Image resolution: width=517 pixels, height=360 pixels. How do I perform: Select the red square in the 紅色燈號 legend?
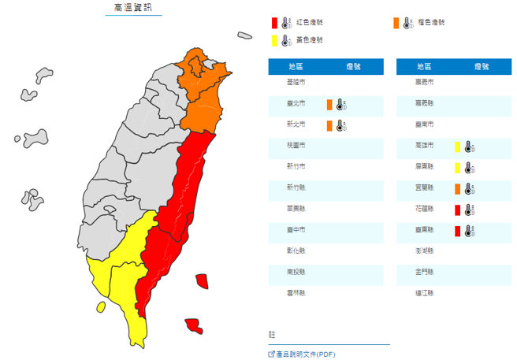tap(273, 23)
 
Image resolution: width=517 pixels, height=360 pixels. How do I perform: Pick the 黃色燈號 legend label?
tap(309, 39)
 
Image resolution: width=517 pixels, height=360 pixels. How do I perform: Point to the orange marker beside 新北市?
tap(329, 124)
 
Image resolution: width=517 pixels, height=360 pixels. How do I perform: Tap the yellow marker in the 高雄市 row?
tap(457, 146)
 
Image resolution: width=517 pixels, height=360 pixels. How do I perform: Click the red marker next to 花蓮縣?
tap(457, 210)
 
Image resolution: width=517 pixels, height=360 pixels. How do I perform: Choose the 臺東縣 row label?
tap(424, 231)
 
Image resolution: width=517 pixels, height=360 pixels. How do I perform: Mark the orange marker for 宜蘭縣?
tap(457, 188)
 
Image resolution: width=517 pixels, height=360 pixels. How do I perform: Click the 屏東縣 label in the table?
tap(424, 167)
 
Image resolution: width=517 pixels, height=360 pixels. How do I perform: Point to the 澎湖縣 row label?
tap(424, 252)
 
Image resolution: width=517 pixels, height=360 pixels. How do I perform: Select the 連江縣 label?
tap(424, 294)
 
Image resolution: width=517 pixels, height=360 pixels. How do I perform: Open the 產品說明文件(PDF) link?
tap(306, 354)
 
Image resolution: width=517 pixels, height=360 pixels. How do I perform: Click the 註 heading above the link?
tap(273, 335)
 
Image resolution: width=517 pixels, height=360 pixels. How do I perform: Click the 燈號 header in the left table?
tap(352, 66)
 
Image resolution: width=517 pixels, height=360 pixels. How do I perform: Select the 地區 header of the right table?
tap(424, 66)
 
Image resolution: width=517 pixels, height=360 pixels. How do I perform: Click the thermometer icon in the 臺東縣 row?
tap(469, 231)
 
